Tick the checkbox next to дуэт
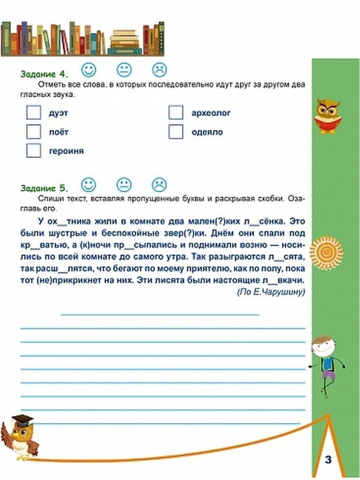coord(34,113)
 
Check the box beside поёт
coord(34,132)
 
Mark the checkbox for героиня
coord(34,151)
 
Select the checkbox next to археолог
coord(176,113)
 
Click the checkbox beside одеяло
coord(176,132)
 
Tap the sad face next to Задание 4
coord(159,70)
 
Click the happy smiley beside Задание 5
coord(89,185)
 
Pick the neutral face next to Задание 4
coord(124,70)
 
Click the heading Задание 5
coord(44,188)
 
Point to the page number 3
coord(328,460)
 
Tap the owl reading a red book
coord(328,116)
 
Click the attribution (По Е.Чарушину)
coord(271,292)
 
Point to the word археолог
coord(211,113)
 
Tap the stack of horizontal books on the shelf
coord(125,43)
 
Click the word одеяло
coord(207,132)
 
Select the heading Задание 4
coord(44,74)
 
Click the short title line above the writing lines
coord(160,315)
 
